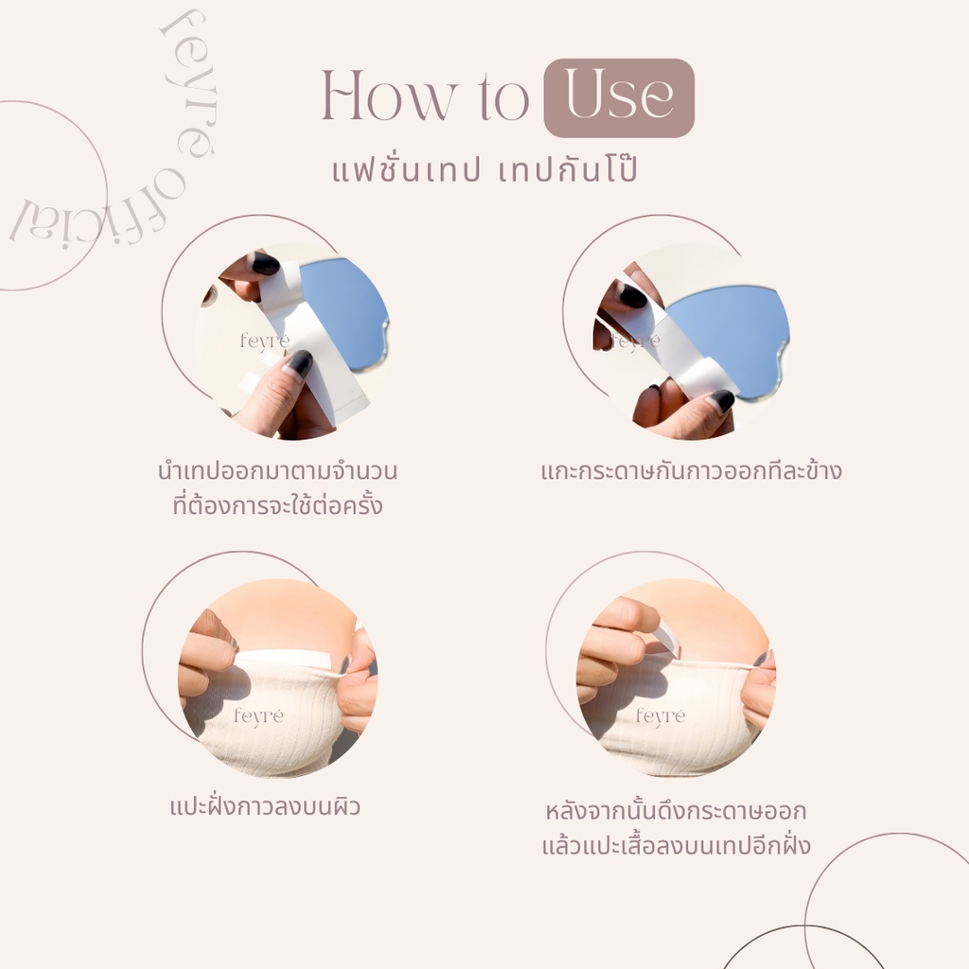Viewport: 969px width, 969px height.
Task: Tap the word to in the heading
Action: point(504,97)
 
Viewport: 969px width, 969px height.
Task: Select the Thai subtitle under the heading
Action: point(485,169)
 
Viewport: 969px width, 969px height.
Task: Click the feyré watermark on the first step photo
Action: point(265,341)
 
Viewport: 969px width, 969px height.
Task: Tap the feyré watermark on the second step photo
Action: point(635,341)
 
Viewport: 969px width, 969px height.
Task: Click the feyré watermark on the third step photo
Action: point(258,716)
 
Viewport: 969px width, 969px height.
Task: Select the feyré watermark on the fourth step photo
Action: point(661,716)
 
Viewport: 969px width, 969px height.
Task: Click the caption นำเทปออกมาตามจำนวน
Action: point(277,471)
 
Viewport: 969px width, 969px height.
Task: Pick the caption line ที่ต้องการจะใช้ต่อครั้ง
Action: point(277,504)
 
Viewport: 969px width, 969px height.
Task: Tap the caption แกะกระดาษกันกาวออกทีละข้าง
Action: point(691,471)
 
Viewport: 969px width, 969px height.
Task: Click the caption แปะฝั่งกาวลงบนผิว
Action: point(265,806)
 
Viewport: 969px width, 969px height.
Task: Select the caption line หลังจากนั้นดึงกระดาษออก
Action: point(676,810)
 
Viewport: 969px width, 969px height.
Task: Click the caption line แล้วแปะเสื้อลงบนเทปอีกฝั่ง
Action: point(676,844)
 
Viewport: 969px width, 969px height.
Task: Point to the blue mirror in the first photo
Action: point(346,312)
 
